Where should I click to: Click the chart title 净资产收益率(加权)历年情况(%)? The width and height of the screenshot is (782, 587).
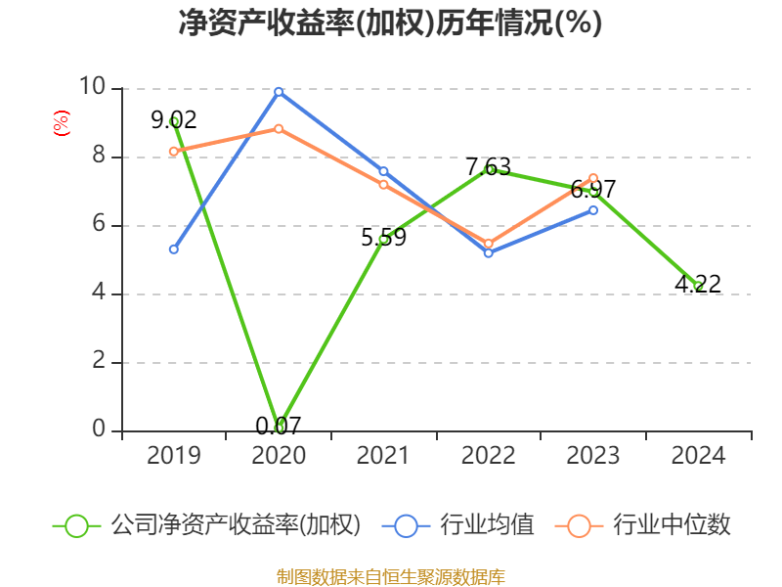pyautogui.click(x=390, y=23)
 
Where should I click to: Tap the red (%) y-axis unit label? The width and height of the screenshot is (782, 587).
pyautogui.click(x=61, y=124)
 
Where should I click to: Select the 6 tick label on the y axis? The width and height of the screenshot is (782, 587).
pyautogui.click(x=98, y=225)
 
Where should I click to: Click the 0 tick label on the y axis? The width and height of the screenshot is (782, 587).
pyautogui.click(x=98, y=429)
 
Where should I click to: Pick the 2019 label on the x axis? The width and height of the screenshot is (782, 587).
pyautogui.click(x=173, y=456)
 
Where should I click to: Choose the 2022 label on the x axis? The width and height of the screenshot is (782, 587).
pyautogui.click(x=488, y=456)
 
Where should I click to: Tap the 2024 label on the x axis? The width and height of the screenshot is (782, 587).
pyautogui.click(x=698, y=456)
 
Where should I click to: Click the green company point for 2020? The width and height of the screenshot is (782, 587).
pyautogui.click(x=280, y=427)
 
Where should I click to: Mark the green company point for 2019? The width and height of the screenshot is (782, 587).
pyautogui.click(x=174, y=121)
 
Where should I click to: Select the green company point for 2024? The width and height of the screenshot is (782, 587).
pyautogui.click(x=698, y=286)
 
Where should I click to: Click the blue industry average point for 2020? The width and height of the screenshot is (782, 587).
pyautogui.click(x=279, y=92)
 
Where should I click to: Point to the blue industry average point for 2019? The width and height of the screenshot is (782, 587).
pyautogui.click(x=174, y=249)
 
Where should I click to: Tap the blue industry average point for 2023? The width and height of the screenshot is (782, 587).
pyautogui.click(x=593, y=209)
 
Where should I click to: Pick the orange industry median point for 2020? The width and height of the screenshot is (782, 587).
pyautogui.click(x=279, y=128)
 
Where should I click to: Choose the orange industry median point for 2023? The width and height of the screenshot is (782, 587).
pyautogui.click(x=593, y=178)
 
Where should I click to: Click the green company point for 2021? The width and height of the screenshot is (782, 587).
pyautogui.click(x=383, y=239)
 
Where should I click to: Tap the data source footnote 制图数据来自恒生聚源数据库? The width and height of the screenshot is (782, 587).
pyautogui.click(x=390, y=576)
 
